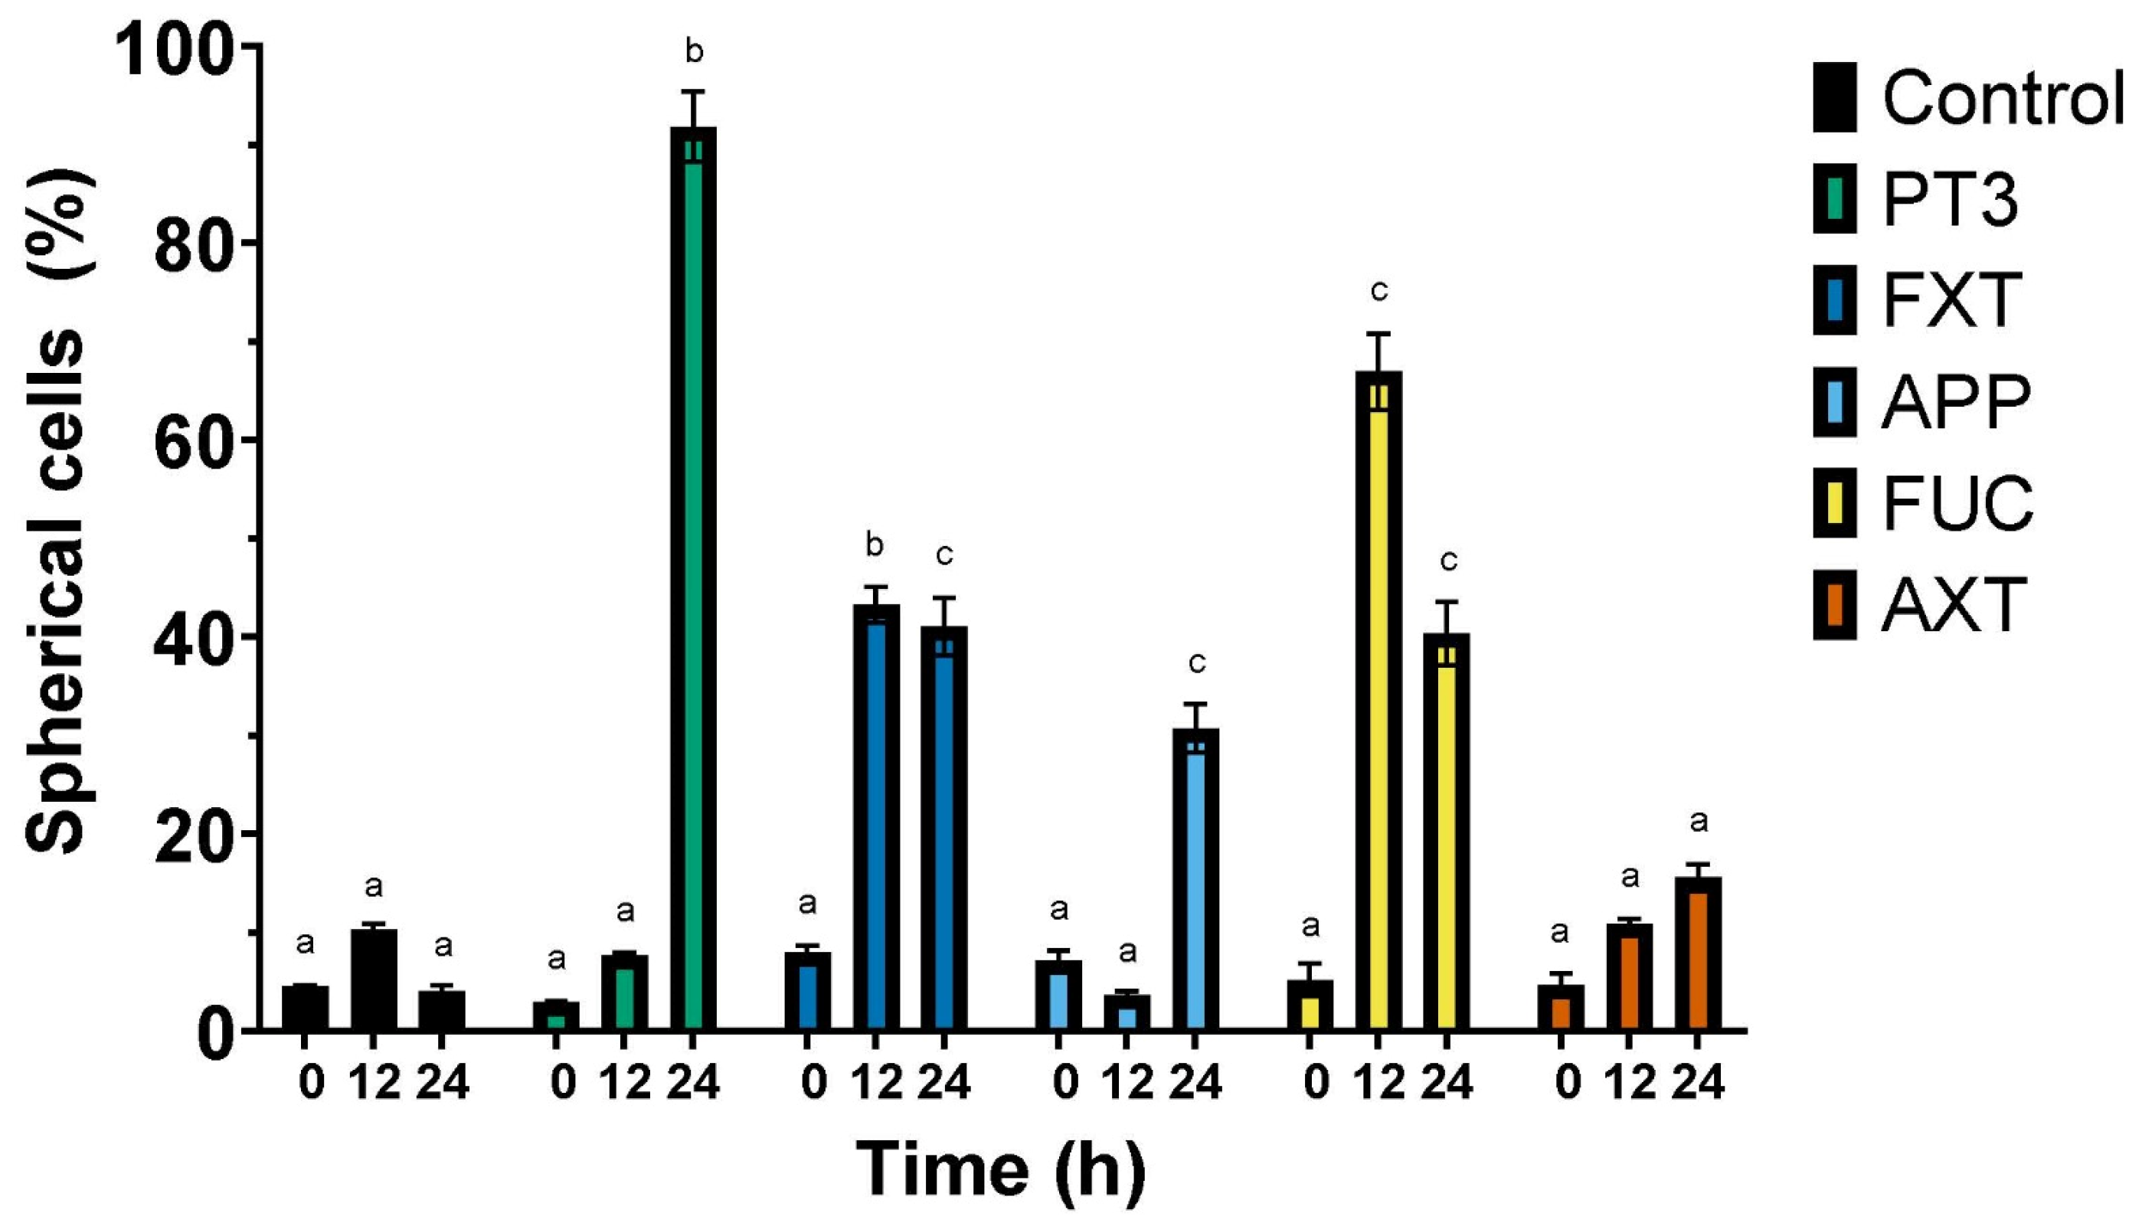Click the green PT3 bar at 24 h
693,580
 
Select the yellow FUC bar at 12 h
1378,701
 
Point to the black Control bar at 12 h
373,979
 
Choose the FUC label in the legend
1958,503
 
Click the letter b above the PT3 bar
694,52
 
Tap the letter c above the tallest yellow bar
1378,292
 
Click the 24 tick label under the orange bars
1698,1084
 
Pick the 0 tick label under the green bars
563,1084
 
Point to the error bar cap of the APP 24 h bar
1195,704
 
